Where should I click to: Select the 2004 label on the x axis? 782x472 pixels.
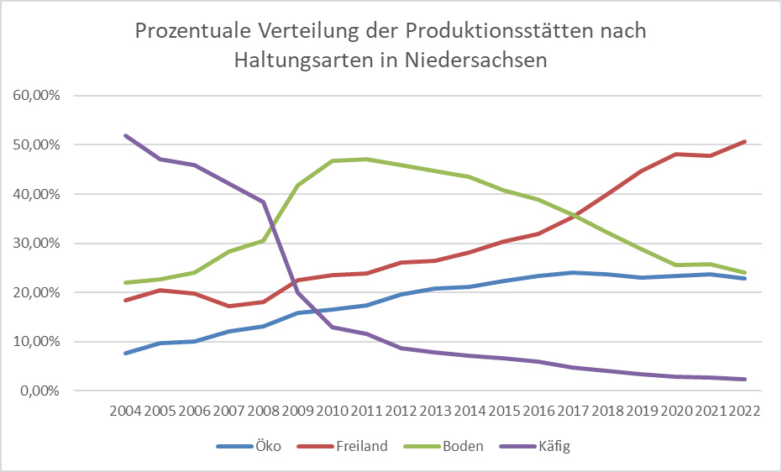pos(124,412)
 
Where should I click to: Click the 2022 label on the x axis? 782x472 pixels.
pos(743,412)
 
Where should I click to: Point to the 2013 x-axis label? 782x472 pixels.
pos(434,412)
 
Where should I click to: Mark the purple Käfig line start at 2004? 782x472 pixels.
pos(124,135)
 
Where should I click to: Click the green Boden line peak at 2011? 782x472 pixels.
pos(365,159)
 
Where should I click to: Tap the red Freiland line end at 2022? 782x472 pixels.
pos(743,141)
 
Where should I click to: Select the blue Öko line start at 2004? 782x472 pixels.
pos(124,354)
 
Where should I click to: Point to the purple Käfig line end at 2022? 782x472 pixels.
pos(743,380)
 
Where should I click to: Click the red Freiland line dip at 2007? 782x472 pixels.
pos(228,306)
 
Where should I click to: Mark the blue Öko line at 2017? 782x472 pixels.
pos(572,272)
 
